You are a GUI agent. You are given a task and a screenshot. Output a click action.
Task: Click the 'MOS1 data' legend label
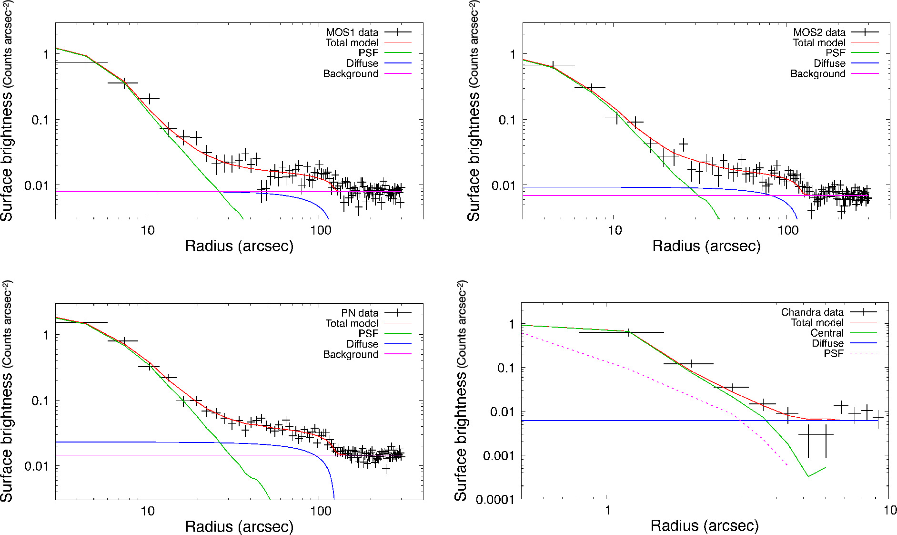[352, 32]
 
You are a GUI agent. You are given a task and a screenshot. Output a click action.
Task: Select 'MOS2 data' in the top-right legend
[819, 32]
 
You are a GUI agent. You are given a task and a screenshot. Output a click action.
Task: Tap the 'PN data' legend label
[359, 313]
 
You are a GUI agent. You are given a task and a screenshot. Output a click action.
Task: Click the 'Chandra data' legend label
[812, 312]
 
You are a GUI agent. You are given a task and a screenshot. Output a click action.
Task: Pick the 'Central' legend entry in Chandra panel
[826, 333]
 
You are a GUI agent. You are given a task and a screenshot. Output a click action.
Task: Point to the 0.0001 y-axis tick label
[495, 499]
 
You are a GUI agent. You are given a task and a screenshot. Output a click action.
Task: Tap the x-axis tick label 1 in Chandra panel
[607, 511]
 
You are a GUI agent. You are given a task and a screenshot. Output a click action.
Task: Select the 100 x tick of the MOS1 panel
[320, 230]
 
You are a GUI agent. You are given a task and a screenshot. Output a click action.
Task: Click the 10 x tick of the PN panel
[147, 511]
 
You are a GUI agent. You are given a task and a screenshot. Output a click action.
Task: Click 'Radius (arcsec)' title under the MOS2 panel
[706, 246]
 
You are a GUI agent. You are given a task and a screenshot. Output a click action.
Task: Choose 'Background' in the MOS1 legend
[350, 74]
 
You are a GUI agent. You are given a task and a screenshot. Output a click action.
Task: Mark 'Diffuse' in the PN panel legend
[362, 344]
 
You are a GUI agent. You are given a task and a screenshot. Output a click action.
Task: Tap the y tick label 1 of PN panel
[46, 335]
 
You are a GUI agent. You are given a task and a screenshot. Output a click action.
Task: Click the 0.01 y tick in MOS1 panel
[37, 185]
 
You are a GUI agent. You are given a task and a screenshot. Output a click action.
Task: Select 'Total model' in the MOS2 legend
[818, 43]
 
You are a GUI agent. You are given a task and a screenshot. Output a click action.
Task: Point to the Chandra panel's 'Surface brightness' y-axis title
[461, 391]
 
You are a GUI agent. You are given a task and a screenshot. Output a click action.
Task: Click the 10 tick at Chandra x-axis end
[889, 511]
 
